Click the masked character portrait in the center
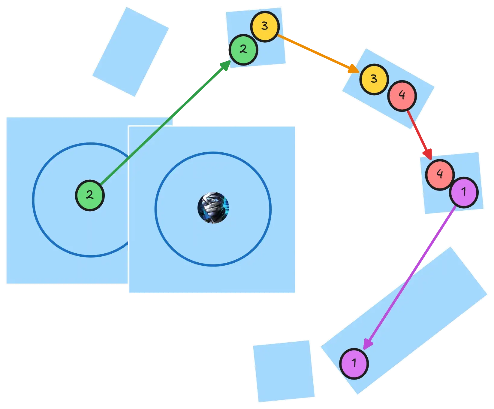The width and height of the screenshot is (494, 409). pyautogui.click(x=213, y=208)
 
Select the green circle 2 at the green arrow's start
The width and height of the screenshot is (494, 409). pyautogui.click(x=90, y=195)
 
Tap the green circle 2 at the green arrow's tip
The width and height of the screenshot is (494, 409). pyautogui.click(x=243, y=50)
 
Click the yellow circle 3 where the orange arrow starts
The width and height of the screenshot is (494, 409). pyautogui.click(x=265, y=26)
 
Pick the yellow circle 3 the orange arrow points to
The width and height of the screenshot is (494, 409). pyautogui.click(x=374, y=79)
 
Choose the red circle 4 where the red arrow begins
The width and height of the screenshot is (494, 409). pyautogui.click(x=402, y=96)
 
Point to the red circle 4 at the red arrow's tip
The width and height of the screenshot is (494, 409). pyautogui.click(x=440, y=175)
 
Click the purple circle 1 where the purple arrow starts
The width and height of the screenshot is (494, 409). pyautogui.click(x=464, y=192)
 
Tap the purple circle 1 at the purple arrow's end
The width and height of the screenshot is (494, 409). pyautogui.click(x=354, y=364)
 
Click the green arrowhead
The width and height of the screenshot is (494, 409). pyautogui.click(x=225, y=65)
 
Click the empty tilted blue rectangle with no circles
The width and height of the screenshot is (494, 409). pyautogui.click(x=131, y=52)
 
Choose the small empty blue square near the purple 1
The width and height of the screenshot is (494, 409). pyautogui.click(x=284, y=371)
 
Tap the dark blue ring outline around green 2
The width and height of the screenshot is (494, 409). pyautogui.click(x=33, y=200)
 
